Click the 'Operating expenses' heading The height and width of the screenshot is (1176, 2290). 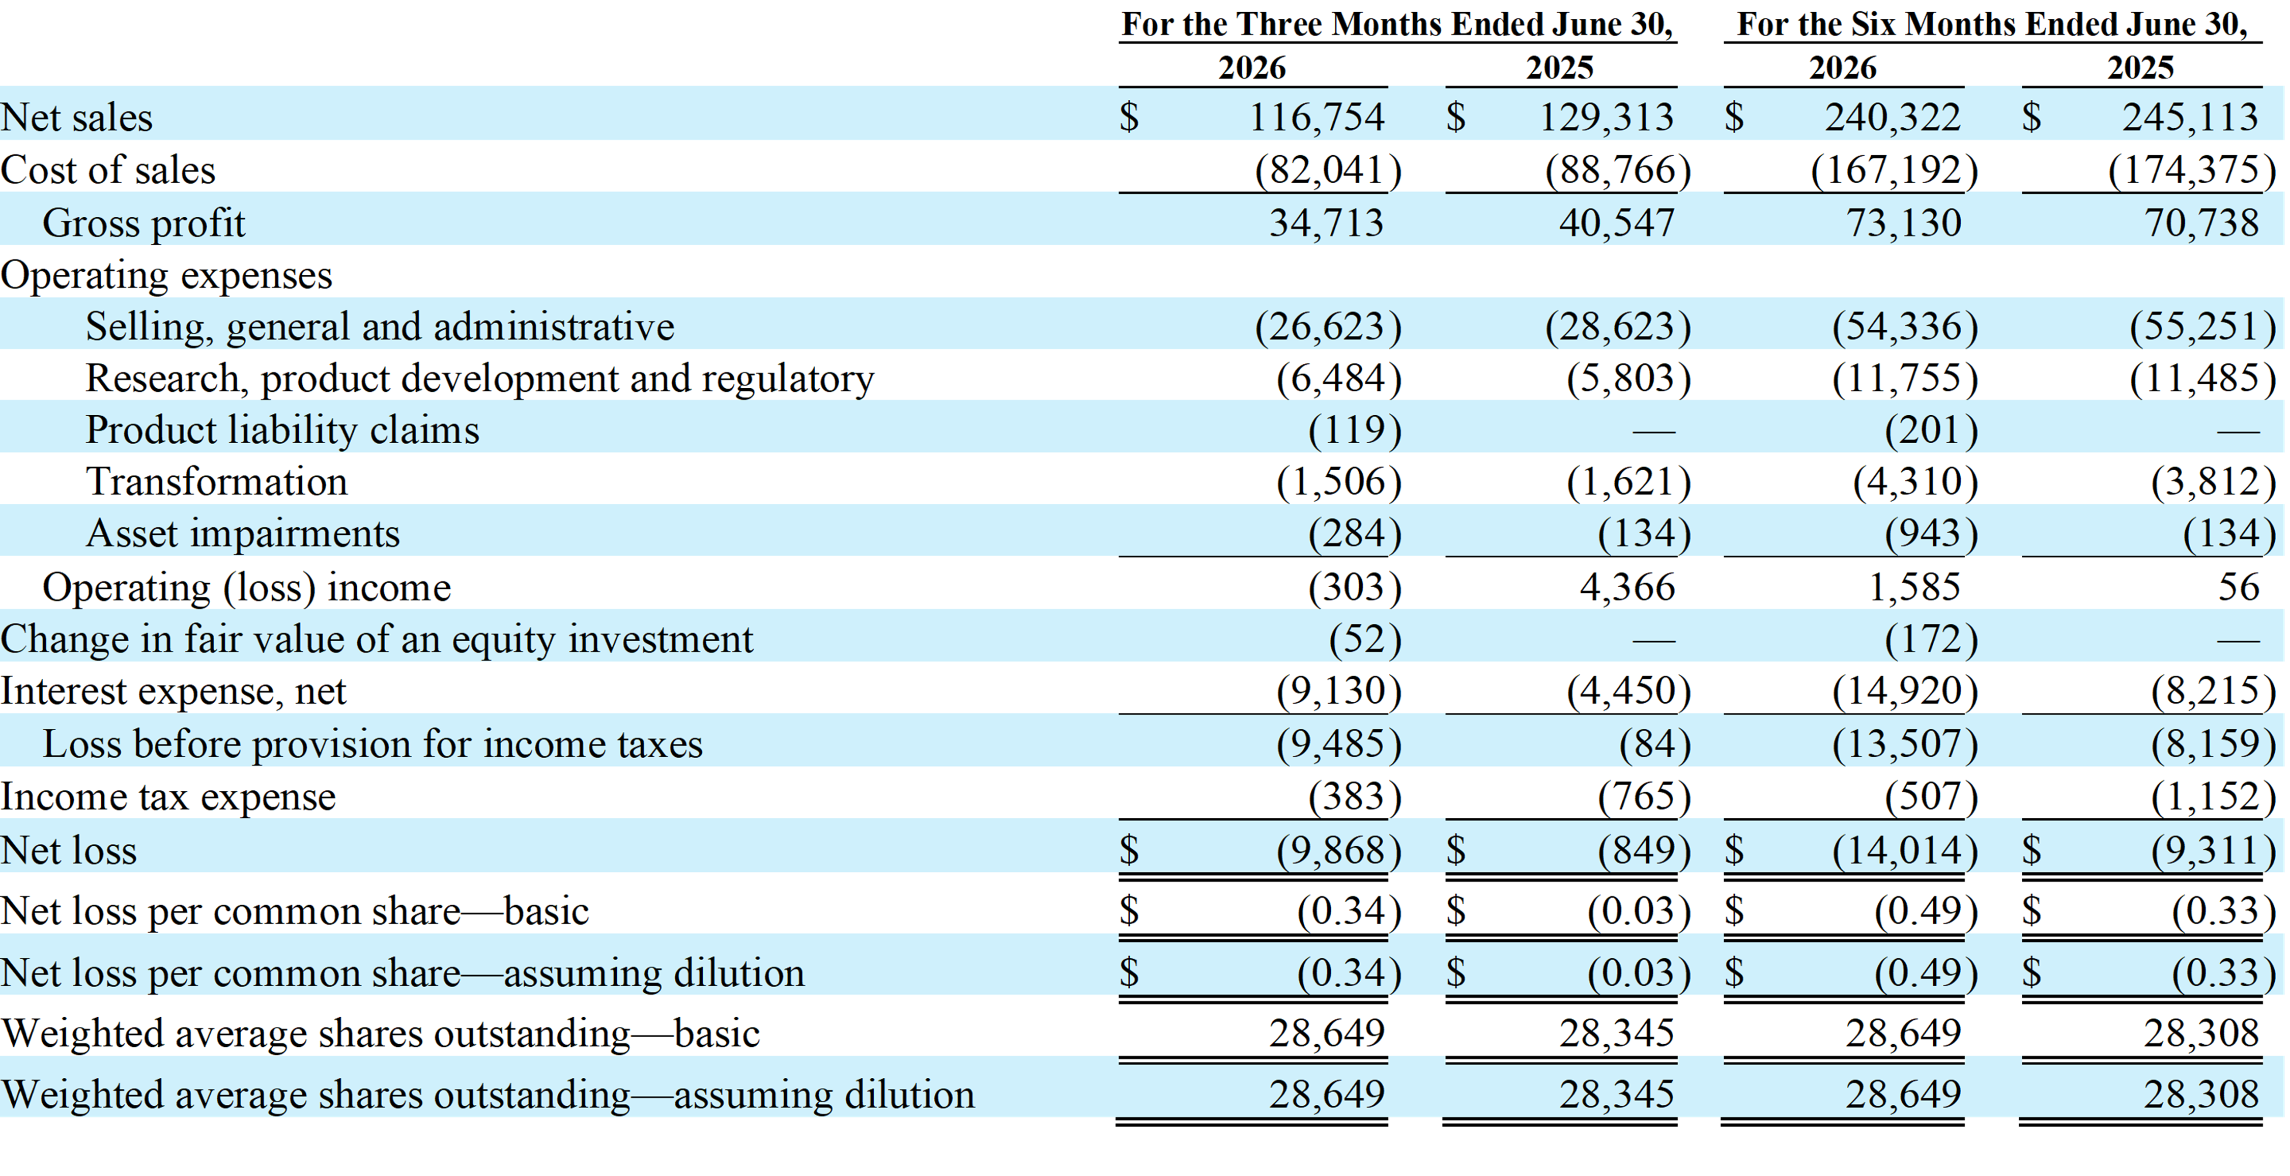tap(166, 275)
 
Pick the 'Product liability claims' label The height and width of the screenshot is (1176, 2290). tap(282, 430)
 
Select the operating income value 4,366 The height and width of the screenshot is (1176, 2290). tap(1627, 587)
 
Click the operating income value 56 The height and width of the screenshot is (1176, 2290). tap(2239, 587)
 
